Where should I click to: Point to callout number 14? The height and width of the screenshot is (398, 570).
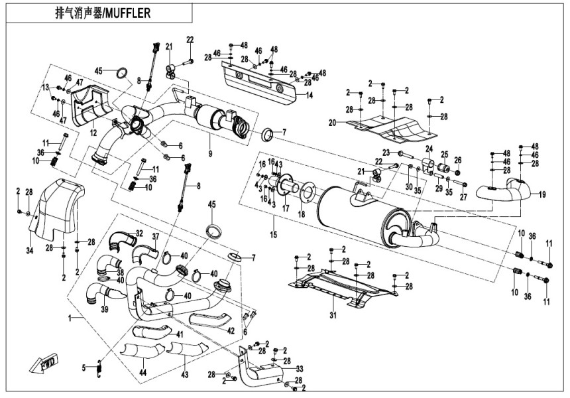coord(308,95)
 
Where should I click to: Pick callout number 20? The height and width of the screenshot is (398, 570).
coord(332,121)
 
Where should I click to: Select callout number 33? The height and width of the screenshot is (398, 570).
coord(300,368)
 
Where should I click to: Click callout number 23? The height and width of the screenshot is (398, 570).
coord(386,153)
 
